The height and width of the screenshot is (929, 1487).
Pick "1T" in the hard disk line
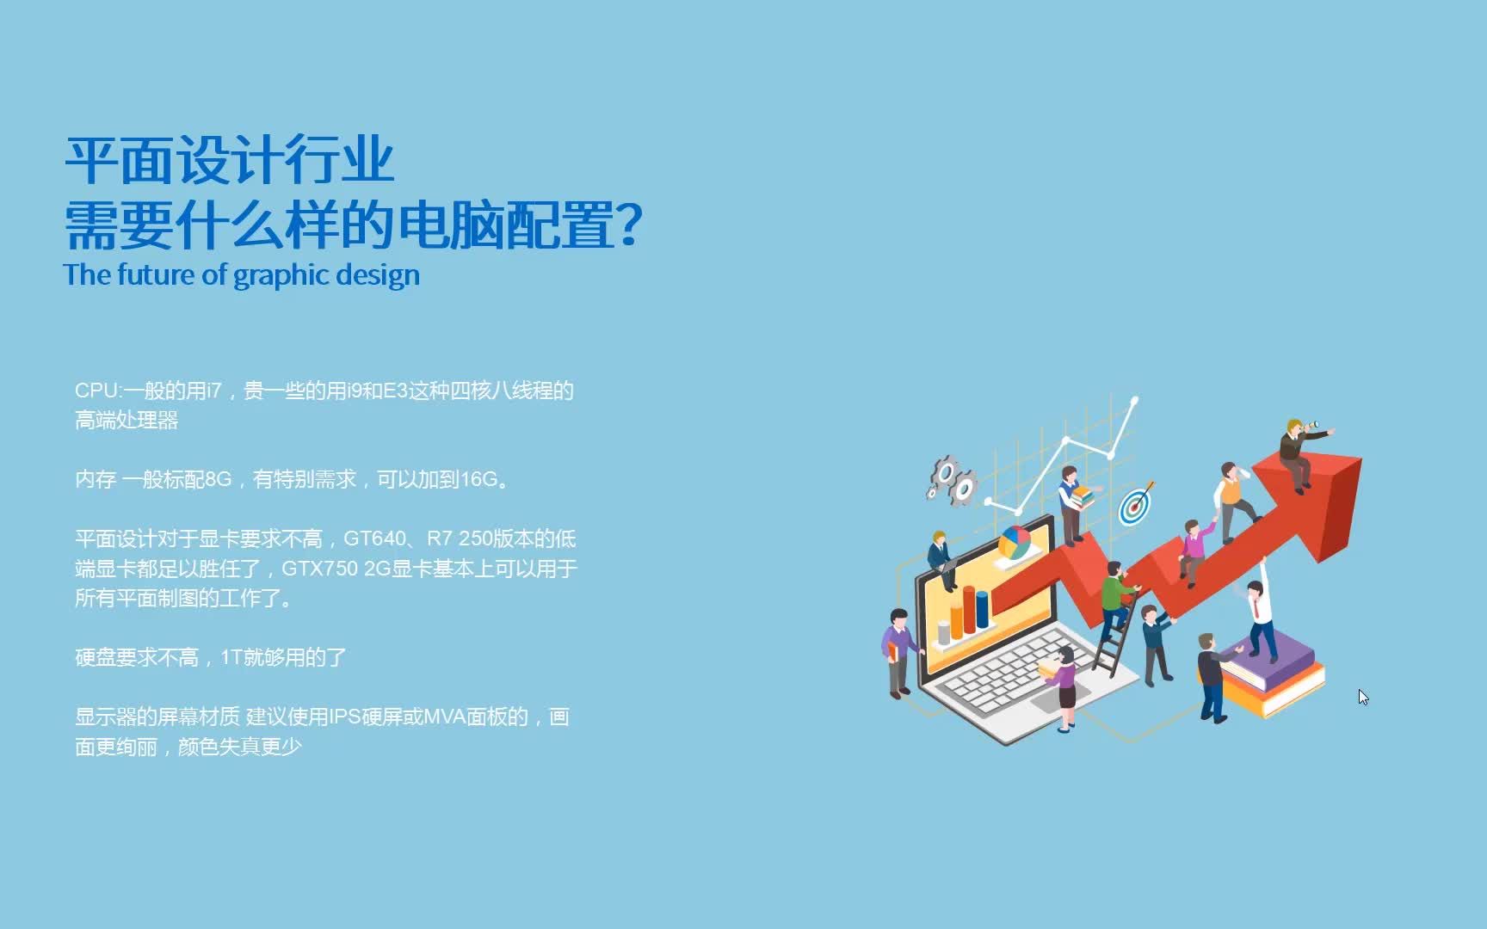click(x=231, y=658)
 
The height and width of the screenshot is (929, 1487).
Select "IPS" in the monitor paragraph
click(x=344, y=717)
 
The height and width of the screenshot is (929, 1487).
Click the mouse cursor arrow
click(x=1363, y=697)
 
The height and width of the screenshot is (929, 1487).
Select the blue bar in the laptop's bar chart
click(x=982, y=608)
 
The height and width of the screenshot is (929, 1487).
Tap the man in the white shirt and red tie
click(x=1260, y=615)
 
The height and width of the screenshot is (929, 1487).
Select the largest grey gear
click(x=946, y=472)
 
